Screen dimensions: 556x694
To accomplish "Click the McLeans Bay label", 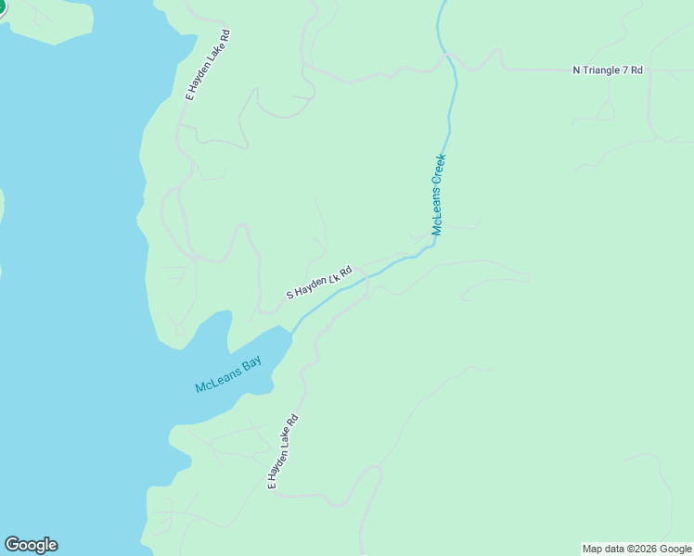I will pos(228,374).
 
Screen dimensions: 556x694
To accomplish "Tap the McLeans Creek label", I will pos(439,195).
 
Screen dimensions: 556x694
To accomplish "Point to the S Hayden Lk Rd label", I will pos(319,283).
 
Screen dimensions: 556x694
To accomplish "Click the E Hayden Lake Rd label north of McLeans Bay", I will pos(208,65).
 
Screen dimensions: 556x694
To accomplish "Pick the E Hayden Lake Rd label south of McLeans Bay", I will pos(283,451).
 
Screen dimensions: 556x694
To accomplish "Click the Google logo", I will pos(31,545).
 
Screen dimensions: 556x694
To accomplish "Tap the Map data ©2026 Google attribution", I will pos(636,549).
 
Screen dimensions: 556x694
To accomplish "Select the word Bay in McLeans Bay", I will pos(252,364).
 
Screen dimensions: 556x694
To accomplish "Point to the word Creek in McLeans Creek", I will pos(441,171).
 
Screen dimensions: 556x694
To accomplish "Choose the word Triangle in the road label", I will pos(602,70).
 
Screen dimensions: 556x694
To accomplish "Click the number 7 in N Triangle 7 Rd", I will pos(626,70).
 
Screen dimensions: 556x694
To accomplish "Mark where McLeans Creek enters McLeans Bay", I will pos(293,332).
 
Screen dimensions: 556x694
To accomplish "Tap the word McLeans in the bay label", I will pos(216,380).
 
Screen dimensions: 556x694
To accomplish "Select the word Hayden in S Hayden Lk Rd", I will pos(315,284).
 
